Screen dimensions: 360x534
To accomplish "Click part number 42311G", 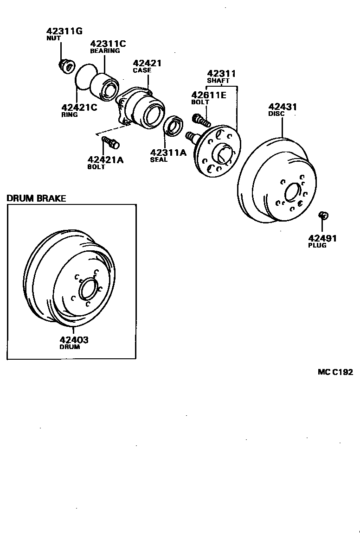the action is click(64, 32).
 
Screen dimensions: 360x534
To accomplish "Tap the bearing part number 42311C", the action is click(108, 44).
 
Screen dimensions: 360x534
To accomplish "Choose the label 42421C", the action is click(79, 108).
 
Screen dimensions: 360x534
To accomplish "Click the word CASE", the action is click(142, 70).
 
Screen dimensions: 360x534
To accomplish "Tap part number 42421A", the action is click(106, 160).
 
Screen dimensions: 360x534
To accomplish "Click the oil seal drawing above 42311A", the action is click(174, 127).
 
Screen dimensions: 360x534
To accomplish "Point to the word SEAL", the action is click(159, 159).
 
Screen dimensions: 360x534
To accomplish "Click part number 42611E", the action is click(209, 95).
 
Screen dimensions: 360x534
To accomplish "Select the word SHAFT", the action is click(219, 81).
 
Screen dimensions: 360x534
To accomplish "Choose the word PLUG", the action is click(317, 245).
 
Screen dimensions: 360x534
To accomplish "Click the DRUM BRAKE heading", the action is click(36, 198).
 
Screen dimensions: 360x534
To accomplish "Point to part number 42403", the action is click(74, 340).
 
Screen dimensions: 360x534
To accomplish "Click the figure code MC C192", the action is click(335, 372).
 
